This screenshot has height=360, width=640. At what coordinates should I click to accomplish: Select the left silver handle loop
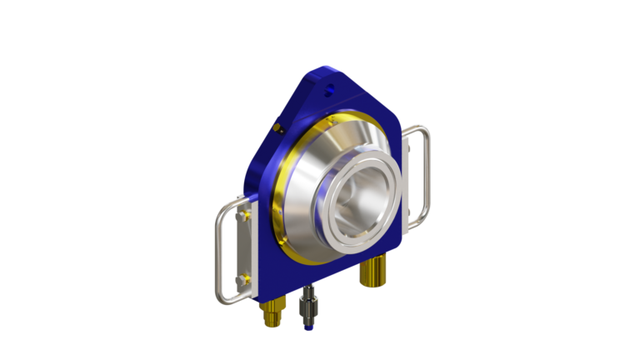coord(220,250)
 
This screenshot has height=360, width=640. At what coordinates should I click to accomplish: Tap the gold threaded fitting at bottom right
coord(373,270)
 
